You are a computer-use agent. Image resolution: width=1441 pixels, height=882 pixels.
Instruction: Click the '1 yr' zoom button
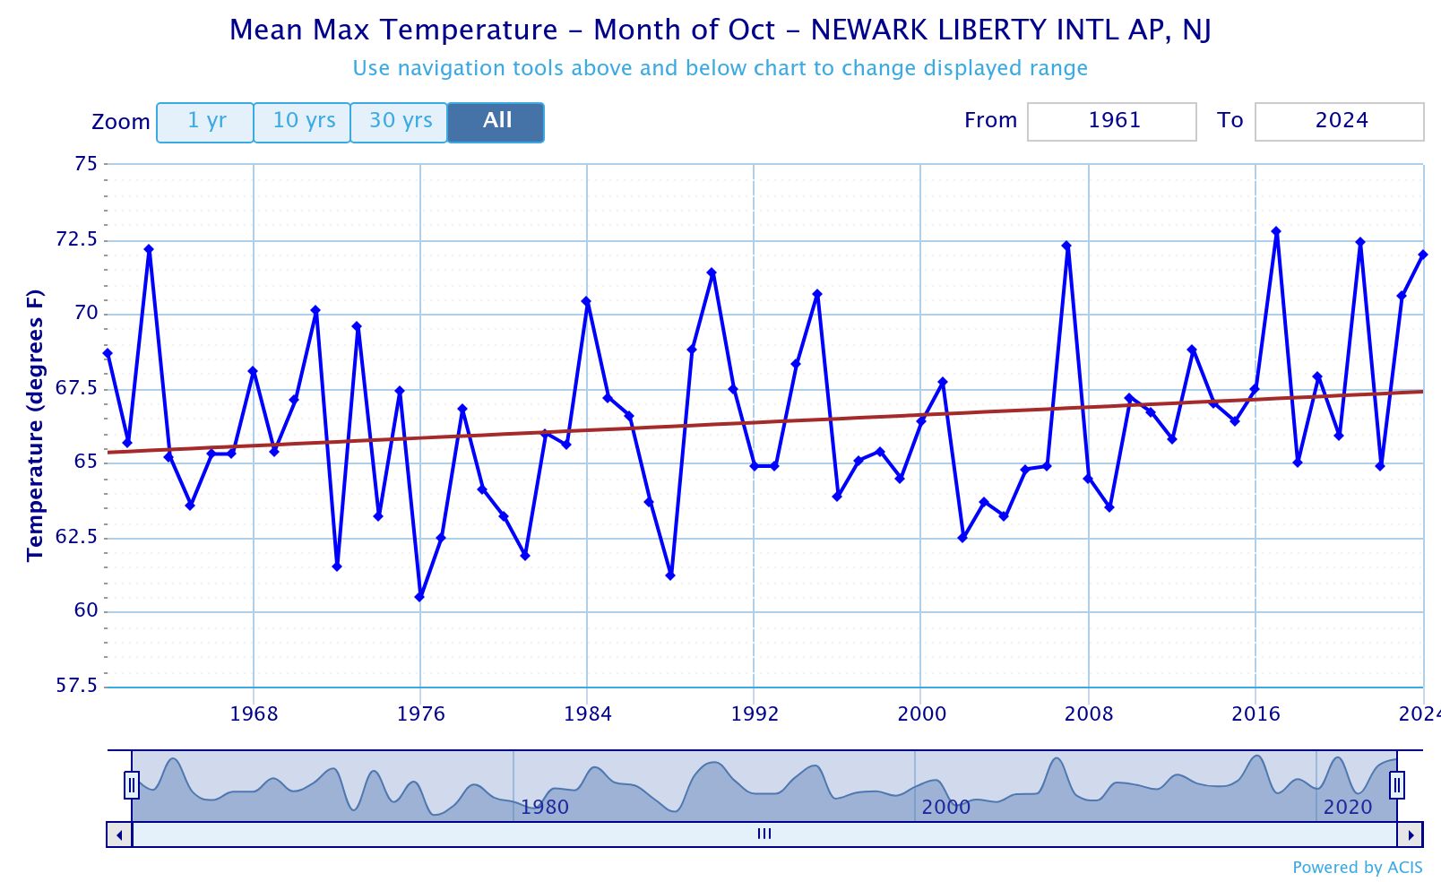point(205,122)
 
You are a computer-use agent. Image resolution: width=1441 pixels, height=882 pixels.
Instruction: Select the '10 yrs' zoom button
point(303,122)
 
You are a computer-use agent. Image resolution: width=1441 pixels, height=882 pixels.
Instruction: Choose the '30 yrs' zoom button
point(400,122)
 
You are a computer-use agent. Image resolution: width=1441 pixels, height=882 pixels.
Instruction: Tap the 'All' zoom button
point(496,122)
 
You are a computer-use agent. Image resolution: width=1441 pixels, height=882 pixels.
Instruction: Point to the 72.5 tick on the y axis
point(77,239)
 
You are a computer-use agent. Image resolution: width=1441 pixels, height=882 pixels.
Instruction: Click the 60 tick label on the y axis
point(86,611)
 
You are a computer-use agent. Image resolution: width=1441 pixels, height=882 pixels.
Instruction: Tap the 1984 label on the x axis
point(587,714)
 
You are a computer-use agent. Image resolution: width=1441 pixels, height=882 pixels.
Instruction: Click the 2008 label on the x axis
point(1088,714)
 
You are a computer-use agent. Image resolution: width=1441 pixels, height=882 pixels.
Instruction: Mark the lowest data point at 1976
point(419,597)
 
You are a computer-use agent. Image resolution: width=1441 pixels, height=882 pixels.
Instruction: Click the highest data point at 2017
point(1276,231)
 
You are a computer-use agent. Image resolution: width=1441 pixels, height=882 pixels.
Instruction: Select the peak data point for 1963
point(149,249)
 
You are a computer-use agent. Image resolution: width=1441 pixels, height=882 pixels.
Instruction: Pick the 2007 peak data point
point(1066,246)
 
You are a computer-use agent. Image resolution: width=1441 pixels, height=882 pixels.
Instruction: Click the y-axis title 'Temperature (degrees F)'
point(35,425)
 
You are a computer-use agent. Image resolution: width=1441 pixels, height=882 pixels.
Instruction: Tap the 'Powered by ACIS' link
point(1357,867)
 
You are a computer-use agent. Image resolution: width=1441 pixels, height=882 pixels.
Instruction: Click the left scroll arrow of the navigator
point(119,834)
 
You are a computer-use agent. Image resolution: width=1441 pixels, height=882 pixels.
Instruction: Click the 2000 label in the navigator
point(945,807)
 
